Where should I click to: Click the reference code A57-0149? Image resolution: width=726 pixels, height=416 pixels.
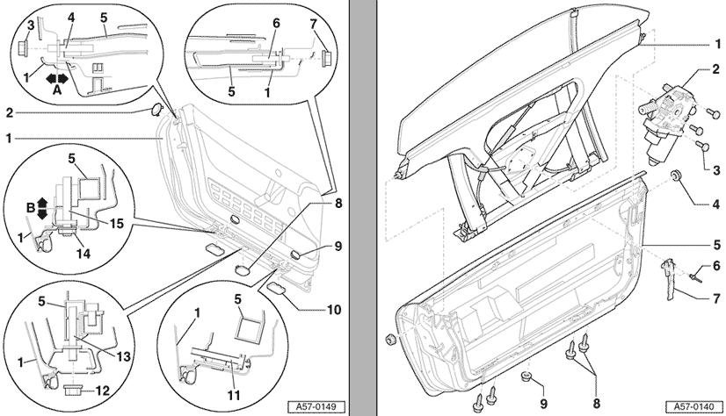coord(317,406)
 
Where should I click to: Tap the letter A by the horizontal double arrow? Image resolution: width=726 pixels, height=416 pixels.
coord(57,89)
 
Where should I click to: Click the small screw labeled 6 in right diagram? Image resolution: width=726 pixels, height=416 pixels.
coord(691,276)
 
